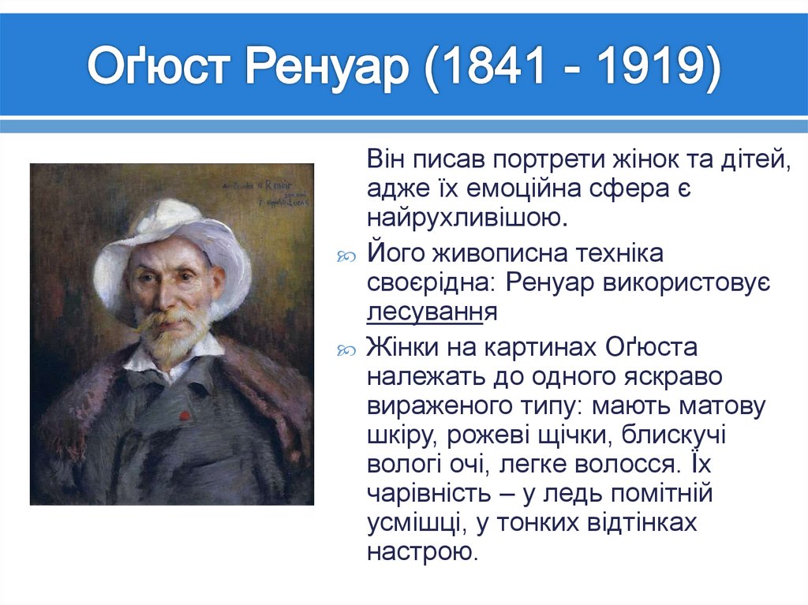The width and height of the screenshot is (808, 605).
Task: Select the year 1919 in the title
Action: (x=643, y=68)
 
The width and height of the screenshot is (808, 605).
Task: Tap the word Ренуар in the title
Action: (x=328, y=68)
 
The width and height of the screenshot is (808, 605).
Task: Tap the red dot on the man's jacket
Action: (x=183, y=415)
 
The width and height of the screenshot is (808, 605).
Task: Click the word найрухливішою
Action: (x=465, y=217)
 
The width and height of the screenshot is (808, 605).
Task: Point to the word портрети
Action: (x=548, y=159)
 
